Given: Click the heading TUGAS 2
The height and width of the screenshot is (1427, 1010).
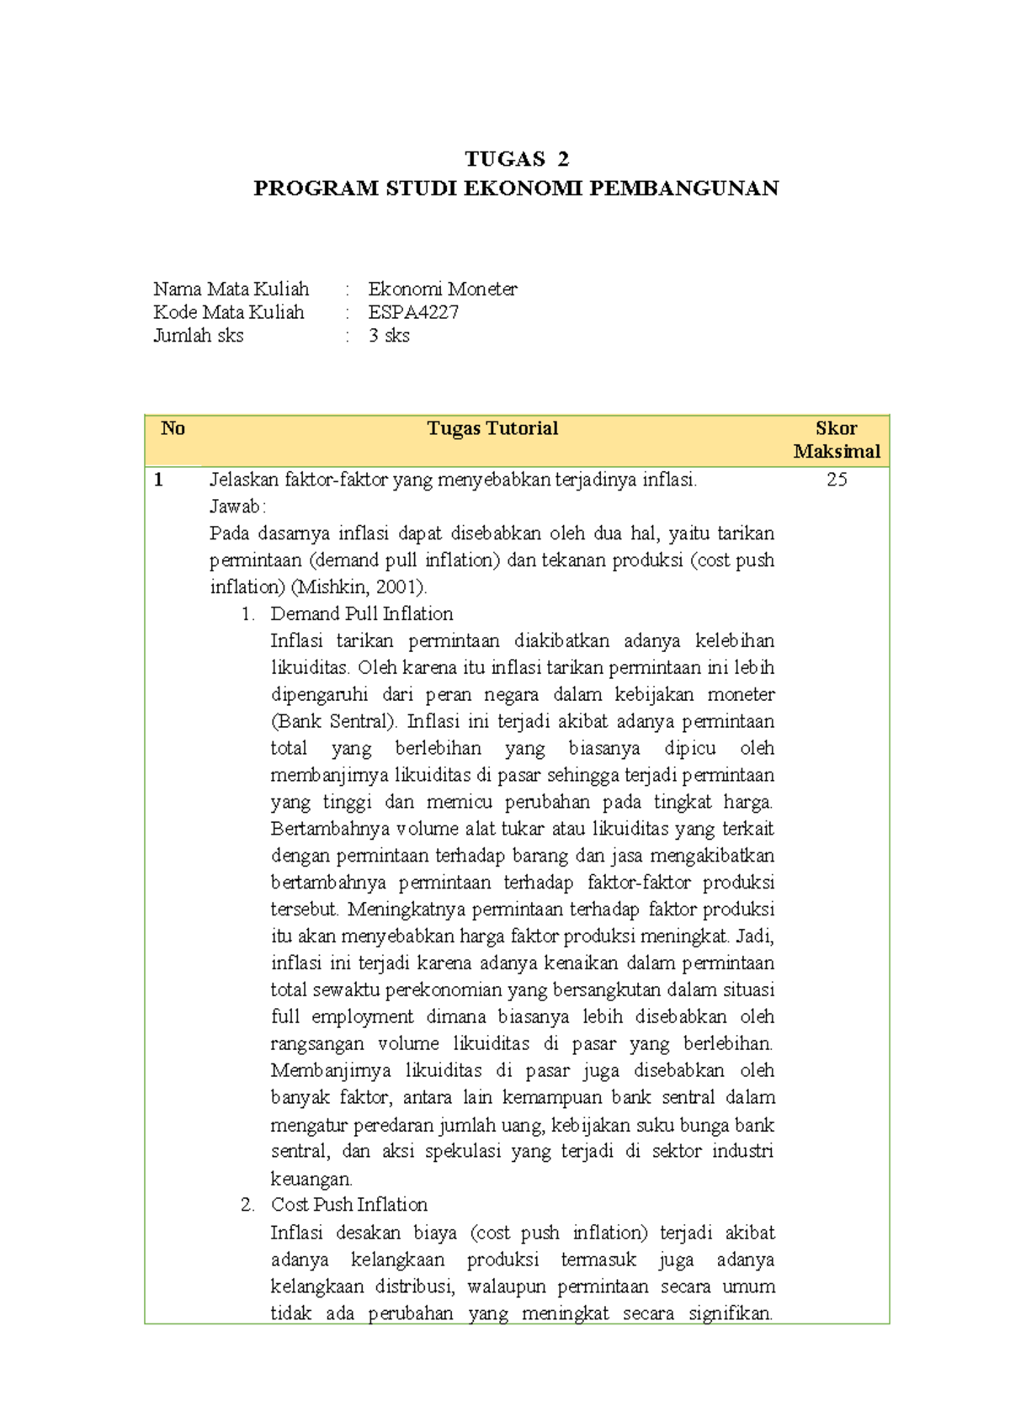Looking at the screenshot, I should tap(517, 159).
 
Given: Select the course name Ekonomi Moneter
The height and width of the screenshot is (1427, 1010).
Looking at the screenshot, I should tap(442, 289).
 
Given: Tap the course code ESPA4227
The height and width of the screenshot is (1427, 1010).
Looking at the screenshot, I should tap(413, 312).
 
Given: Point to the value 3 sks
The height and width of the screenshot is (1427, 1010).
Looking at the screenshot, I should tap(389, 336).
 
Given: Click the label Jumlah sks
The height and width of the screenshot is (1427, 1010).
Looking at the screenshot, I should tap(199, 336).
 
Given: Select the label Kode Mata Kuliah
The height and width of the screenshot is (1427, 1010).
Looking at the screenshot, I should tap(229, 312).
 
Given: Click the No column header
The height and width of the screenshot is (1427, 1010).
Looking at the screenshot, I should tap(173, 428).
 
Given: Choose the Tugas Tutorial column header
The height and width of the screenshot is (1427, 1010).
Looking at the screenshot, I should tap(492, 428).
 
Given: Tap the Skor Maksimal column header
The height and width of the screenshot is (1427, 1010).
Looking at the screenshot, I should tap(836, 440).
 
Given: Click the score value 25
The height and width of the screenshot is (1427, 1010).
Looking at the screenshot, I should tap(836, 480).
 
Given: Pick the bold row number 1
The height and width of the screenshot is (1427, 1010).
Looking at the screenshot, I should tap(158, 480).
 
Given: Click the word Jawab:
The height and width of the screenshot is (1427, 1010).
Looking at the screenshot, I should tap(237, 507).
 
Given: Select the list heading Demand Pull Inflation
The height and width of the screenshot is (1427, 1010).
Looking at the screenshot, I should tap(362, 614).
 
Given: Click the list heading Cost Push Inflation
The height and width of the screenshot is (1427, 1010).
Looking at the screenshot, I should tap(349, 1205).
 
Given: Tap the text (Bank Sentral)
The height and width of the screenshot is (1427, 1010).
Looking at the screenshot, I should tap(334, 722).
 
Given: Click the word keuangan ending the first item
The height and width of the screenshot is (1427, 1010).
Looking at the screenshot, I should tap(311, 1179).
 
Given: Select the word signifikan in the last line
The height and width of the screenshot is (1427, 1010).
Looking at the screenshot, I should tap(730, 1313).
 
